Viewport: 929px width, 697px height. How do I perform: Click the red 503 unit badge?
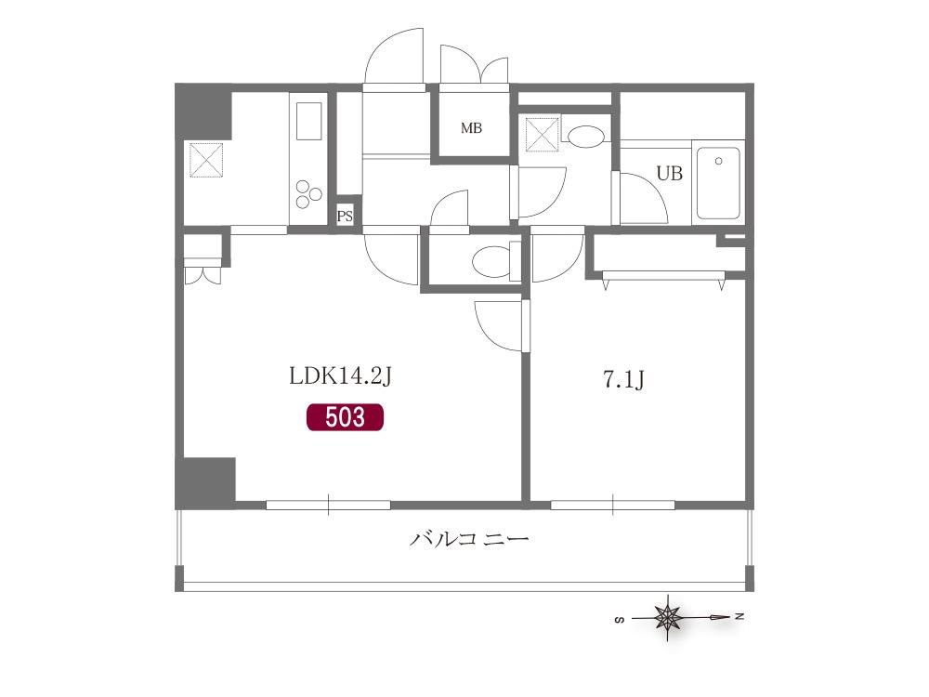[x=345, y=417]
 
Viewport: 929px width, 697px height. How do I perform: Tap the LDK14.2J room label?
[x=340, y=375]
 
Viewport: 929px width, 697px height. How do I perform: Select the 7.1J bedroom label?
[x=623, y=379]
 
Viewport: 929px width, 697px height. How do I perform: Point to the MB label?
[x=472, y=127]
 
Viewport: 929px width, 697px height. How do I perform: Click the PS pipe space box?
[x=345, y=217]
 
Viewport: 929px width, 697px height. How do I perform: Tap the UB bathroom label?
[x=670, y=173]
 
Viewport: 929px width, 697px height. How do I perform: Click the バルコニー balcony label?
[x=468, y=539]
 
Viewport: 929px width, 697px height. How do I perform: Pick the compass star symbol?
[x=668, y=618]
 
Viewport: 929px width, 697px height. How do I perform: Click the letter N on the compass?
[x=739, y=616]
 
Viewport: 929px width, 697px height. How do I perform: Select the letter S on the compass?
[x=620, y=620]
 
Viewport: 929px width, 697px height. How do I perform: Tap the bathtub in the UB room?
[x=718, y=183]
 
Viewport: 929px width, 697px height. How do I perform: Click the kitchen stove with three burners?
[x=308, y=194]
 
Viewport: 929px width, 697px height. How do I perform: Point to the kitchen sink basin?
[x=308, y=121]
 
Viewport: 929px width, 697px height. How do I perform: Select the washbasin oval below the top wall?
[x=585, y=136]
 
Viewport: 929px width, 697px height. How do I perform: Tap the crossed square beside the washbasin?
[x=543, y=135]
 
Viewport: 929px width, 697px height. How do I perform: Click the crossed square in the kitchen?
[x=205, y=160]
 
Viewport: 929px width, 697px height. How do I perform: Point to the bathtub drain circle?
[x=719, y=161]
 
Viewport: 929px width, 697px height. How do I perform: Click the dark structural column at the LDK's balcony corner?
[x=205, y=482]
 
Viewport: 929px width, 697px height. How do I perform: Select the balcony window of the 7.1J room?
[x=612, y=505]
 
